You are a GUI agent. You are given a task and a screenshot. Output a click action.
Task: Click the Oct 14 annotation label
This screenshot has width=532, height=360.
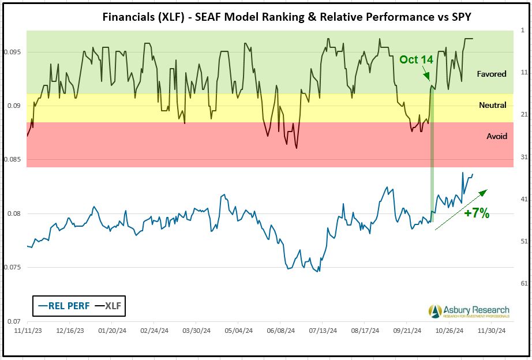[416, 59]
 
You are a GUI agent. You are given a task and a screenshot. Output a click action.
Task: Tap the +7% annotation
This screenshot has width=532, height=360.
[477, 213]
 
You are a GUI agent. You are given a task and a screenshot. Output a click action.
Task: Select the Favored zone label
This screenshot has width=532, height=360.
[492, 74]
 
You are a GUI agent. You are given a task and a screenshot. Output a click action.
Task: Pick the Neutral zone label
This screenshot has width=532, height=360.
[492, 105]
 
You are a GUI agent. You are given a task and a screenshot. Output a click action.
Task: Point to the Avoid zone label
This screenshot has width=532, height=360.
[497, 136]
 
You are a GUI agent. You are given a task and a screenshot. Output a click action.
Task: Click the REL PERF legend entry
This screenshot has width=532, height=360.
[63, 306]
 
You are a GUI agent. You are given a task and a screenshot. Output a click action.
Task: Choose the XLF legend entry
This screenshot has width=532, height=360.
[110, 306]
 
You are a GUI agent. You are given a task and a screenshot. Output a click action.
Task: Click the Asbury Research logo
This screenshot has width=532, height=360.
[469, 311]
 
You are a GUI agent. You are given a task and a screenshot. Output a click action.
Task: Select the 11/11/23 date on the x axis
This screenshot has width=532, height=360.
[29, 331]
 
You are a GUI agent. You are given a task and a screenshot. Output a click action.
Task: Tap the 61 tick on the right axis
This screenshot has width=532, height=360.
[524, 283]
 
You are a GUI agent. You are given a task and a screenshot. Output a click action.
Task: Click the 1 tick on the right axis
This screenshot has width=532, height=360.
[522, 30]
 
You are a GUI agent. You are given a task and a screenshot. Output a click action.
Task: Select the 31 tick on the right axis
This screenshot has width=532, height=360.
[524, 157]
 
